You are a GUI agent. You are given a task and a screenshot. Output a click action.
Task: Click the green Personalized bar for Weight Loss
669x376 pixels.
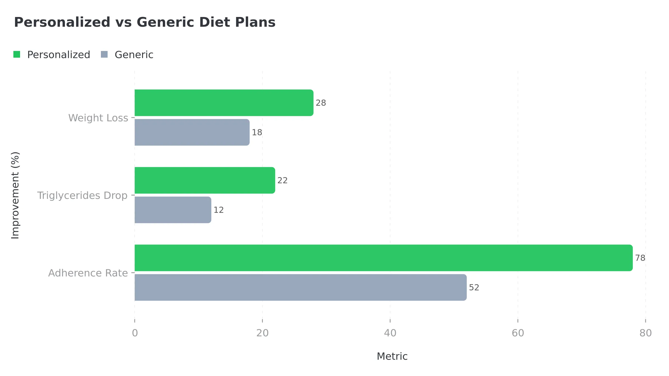point(224,103)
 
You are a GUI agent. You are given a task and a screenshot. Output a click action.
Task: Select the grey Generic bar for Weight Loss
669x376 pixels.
point(192,132)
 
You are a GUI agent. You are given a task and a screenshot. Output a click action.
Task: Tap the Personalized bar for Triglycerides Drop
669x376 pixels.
point(205,180)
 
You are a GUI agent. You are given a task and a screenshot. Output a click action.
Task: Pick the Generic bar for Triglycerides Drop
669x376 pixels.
point(173,210)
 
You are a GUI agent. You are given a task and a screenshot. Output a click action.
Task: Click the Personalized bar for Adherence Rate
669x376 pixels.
point(384,258)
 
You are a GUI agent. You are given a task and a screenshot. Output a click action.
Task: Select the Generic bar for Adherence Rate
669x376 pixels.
point(300,287)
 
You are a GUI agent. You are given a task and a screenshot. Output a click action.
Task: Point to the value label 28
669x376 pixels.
point(321,103)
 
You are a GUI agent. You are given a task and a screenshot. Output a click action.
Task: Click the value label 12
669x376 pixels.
point(219,210)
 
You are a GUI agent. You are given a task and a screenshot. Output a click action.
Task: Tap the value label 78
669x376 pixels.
point(640,258)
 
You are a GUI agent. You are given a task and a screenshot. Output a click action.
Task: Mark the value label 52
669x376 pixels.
point(474,287)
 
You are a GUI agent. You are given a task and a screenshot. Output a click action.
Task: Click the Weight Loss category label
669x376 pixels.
point(98,118)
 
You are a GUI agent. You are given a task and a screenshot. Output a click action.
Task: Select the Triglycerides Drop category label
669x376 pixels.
point(82,196)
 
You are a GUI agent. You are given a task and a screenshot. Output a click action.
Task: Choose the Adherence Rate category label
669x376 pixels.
point(88,273)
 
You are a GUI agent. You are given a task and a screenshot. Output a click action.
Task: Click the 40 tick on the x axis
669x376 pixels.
point(390,333)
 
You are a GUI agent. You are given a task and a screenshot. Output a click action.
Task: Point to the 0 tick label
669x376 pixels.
point(135,333)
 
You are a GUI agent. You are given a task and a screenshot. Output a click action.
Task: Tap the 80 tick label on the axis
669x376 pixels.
point(646,333)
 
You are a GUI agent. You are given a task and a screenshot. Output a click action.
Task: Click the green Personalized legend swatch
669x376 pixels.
point(17,55)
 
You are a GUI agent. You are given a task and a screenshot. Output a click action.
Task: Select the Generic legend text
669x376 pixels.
point(134,55)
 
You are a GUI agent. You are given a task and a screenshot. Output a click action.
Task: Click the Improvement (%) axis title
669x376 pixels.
point(15,195)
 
